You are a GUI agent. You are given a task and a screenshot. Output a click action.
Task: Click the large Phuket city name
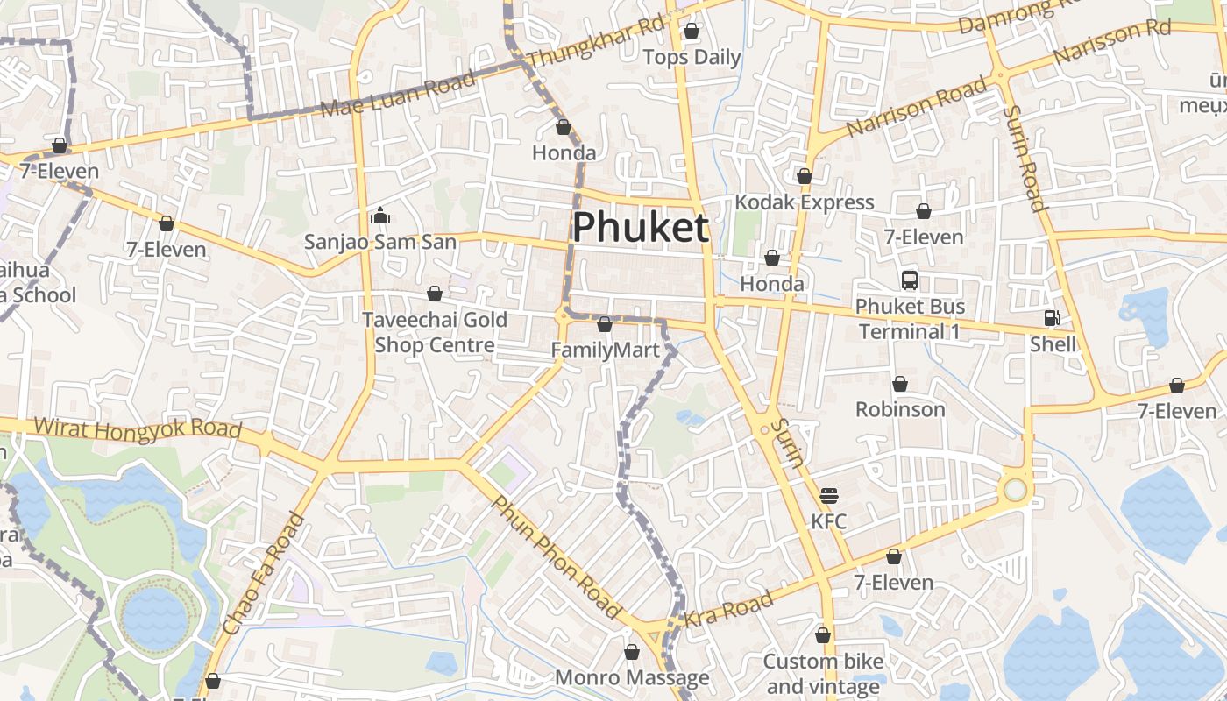[x=640, y=228]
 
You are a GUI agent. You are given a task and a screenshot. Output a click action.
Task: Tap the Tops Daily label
[x=692, y=58]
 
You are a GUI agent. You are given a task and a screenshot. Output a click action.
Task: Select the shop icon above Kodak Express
[x=805, y=176]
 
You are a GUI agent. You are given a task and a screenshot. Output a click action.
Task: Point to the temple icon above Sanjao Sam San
[x=380, y=215]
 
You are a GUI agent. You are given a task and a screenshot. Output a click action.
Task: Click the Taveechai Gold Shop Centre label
[x=435, y=332]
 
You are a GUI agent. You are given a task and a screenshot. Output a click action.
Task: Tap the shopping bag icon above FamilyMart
[x=604, y=325]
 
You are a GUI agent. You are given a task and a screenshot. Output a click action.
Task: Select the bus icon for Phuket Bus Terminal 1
[x=910, y=280]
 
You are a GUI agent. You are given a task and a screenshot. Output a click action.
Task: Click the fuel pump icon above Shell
[x=1052, y=318]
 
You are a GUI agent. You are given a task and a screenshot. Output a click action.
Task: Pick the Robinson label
[x=900, y=409]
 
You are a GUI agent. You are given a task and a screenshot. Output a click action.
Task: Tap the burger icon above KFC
[x=829, y=496]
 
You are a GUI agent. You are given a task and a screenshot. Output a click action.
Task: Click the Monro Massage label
[x=632, y=678]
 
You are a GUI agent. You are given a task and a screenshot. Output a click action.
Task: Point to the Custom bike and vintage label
[x=823, y=673]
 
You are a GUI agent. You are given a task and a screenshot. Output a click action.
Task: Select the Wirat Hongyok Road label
[x=138, y=428]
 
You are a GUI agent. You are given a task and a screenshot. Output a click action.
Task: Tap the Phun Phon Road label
[x=556, y=554]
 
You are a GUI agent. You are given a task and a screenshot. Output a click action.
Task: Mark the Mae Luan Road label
[x=399, y=94]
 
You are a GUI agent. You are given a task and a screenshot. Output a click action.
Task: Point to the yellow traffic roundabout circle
[x=1015, y=490]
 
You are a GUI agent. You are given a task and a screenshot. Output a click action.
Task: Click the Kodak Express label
[x=804, y=202]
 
